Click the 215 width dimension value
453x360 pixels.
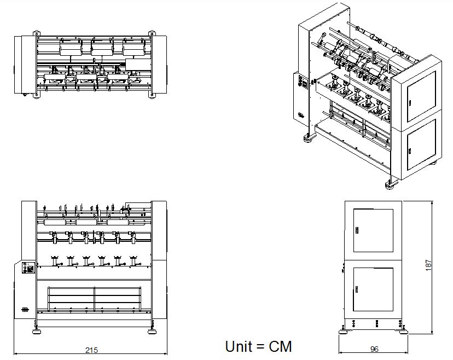(x=91, y=350)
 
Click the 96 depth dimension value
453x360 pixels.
(x=374, y=349)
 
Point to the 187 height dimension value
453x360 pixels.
(x=428, y=265)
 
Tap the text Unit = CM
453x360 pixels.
(x=258, y=346)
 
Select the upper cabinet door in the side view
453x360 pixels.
(x=373, y=230)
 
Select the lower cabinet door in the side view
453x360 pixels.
(x=373, y=289)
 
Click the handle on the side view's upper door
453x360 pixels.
(x=357, y=230)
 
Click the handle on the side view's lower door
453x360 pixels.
(x=357, y=289)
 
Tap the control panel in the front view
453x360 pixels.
(x=28, y=268)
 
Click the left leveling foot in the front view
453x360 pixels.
(x=36, y=330)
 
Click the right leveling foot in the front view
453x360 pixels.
(x=152, y=330)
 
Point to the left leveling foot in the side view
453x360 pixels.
(x=343, y=330)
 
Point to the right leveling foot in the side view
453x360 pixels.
(x=404, y=330)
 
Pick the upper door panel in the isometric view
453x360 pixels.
(x=421, y=96)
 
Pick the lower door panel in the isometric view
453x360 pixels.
(x=421, y=144)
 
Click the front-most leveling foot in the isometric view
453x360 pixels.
(x=390, y=184)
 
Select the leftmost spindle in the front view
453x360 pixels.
(x=54, y=261)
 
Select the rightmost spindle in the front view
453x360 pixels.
(x=133, y=261)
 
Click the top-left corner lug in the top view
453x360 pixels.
(x=37, y=33)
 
